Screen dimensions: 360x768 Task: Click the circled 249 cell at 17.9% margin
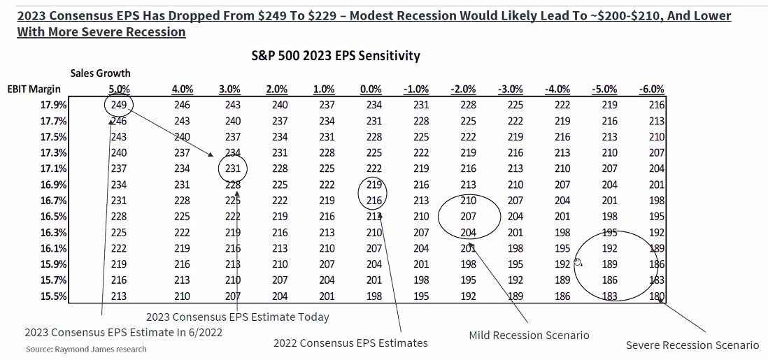point(118,105)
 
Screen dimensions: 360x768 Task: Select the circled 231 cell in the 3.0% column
point(233,168)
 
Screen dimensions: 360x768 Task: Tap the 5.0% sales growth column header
point(119,89)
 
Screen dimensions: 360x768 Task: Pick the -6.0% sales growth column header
point(651,89)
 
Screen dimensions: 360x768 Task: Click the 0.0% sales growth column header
point(371,89)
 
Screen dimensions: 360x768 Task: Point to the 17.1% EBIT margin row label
point(54,168)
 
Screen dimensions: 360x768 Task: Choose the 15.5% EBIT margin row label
point(54,296)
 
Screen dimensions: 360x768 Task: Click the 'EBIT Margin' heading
point(34,89)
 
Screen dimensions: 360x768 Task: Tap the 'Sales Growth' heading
point(100,73)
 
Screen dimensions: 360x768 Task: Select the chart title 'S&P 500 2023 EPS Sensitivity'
point(336,55)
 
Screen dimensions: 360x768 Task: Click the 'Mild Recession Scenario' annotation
point(529,335)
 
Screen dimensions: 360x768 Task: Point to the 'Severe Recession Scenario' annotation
point(692,345)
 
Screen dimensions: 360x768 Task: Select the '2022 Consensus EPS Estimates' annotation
point(350,343)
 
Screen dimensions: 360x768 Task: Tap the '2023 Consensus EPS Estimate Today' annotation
point(238,317)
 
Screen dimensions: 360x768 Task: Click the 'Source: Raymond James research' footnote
point(86,349)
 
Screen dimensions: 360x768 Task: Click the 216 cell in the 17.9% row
point(656,105)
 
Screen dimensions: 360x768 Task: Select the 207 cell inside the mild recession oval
point(468,216)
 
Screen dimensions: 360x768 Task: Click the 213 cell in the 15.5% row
point(118,296)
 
